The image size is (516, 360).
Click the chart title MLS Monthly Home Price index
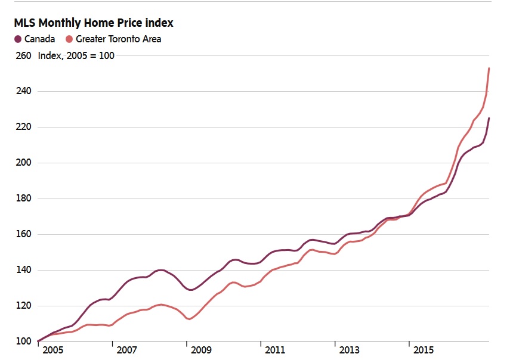tap(94, 23)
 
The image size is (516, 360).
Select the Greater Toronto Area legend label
tap(118, 39)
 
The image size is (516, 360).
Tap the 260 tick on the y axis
tap(23, 55)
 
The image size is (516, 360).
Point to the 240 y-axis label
tap(23, 91)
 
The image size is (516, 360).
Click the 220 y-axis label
tap(23, 127)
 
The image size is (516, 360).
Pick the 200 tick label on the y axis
tap(23, 163)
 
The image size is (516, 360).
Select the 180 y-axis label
tap(23, 198)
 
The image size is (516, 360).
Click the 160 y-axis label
tap(23, 234)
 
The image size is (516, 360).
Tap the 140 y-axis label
tap(23, 270)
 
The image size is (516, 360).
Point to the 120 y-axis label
tap(23, 306)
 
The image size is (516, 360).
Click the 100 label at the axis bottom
tap(23, 342)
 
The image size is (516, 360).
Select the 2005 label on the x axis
tap(52, 349)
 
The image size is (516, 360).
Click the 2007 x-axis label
tap(127, 349)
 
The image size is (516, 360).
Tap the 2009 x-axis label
tap(202, 349)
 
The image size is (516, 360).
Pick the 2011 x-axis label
tap(275, 349)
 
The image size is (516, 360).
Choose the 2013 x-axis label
tap(350, 349)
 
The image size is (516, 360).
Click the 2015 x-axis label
tap(424, 349)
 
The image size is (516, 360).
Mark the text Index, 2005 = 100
tap(76, 55)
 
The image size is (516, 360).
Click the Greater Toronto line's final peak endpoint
tap(489, 69)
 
